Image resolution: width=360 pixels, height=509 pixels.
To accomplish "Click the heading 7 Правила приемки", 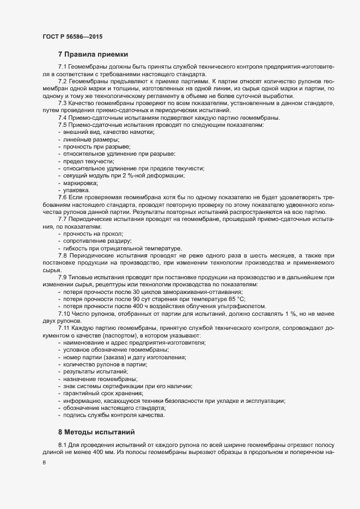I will click(93, 54).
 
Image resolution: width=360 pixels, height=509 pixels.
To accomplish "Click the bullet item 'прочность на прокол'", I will click(93, 233).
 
